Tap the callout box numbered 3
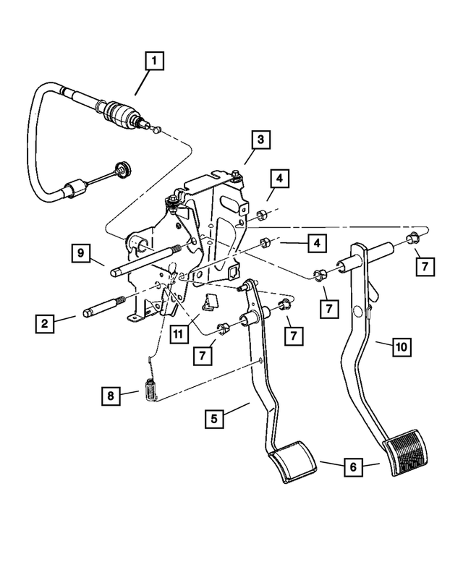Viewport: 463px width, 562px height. click(261, 139)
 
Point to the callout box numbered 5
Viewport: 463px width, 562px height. click(214, 417)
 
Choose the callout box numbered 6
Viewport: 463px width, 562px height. click(352, 467)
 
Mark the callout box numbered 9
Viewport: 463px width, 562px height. click(81, 253)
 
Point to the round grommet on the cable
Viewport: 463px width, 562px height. click(124, 171)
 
